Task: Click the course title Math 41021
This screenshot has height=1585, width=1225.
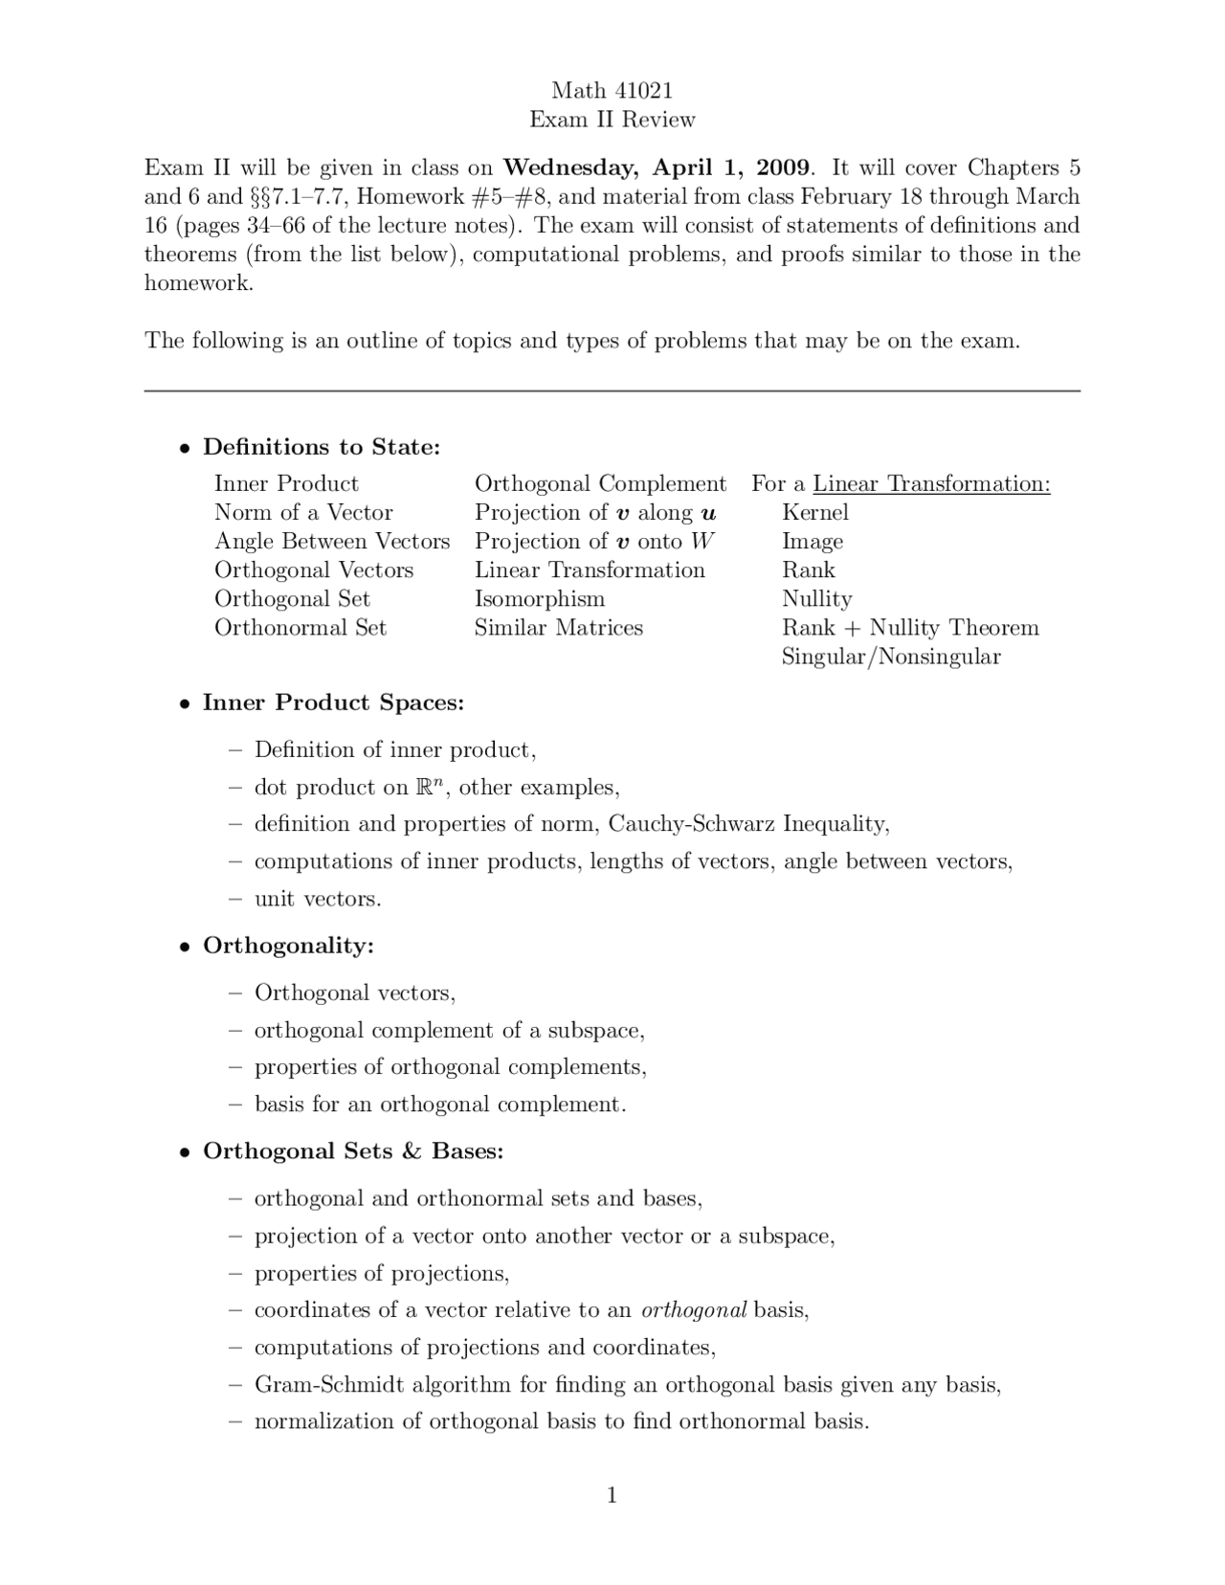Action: click(x=612, y=90)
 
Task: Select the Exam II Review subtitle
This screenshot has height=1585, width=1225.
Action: click(x=612, y=120)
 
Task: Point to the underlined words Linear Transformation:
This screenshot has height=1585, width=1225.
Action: click(x=931, y=483)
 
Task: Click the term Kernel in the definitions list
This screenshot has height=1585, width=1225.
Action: click(x=814, y=512)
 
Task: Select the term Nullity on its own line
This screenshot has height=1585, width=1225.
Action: click(x=816, y=599)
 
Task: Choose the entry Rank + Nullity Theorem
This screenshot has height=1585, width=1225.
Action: click(x=909, y=628)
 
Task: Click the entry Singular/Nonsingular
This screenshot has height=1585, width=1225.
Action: click(x=890, y=657)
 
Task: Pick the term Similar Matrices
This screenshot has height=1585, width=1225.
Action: click(x=559, y=628)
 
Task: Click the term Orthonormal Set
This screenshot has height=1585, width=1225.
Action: click(x=301, y=628)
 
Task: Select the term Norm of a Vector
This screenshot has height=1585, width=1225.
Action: click(x=303, y=512)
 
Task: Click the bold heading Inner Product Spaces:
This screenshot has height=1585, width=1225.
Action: click(x=333, y=703)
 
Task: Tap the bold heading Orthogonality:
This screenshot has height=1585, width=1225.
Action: click(x=288, y=946)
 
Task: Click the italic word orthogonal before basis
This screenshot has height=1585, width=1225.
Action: click(x=694, y=1310)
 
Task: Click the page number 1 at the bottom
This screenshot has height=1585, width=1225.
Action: click(x=612, y=1495)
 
